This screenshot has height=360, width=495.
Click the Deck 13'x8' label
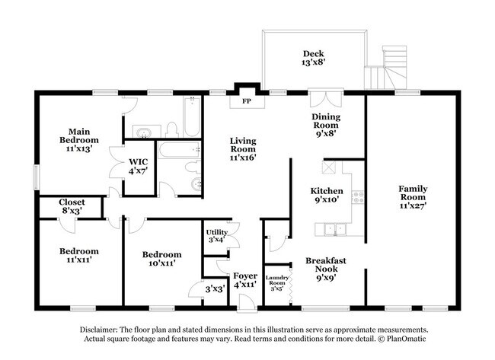point(313,59)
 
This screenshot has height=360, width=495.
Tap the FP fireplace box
point(247,100)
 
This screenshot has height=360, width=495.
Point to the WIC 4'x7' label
point(138,166)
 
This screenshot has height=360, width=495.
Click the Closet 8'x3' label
point(72,206)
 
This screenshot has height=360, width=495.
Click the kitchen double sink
point(333,228)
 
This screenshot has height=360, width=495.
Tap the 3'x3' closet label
point(214,289)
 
